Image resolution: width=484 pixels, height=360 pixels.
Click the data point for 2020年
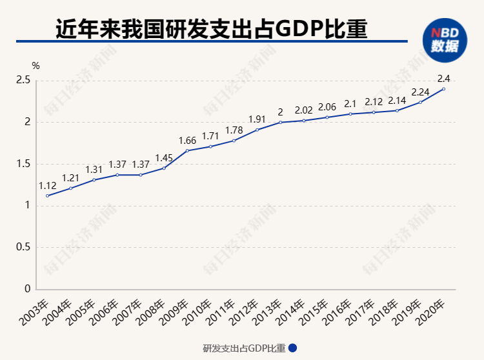[x=443, y=89]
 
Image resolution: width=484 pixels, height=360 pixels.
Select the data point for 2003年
[x=47, y=196]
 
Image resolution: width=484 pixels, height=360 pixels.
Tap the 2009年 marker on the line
[x=187, y=150]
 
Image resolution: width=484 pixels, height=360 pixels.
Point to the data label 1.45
[x=164, y=158]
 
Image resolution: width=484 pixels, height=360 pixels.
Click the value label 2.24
[x=420, y=92]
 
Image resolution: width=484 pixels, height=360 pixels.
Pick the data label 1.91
[x=257, y=119]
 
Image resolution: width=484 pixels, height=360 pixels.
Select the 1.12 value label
[x=47, y=186]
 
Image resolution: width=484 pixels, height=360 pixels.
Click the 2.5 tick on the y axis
[x=23, y=80]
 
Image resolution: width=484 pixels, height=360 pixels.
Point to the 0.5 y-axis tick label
[x=23, y=247]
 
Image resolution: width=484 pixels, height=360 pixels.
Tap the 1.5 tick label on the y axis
[x=23, y=164]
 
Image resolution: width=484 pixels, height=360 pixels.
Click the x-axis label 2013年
[x=267, y=312]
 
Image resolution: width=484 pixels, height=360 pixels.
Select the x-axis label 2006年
[x=103, y=312]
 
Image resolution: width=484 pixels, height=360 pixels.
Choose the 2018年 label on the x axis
[x=383, y=312]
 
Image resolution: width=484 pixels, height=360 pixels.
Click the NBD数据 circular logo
[x=445, y=40]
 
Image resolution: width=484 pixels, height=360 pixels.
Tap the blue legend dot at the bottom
[x=292, y=348]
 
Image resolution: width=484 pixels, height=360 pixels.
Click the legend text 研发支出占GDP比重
[x=244, y=348]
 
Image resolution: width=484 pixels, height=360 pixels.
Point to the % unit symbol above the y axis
[x=35, y=66]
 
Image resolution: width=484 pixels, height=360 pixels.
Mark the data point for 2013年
[x=280, y=122]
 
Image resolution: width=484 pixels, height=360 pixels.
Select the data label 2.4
[x=443, y=79]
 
